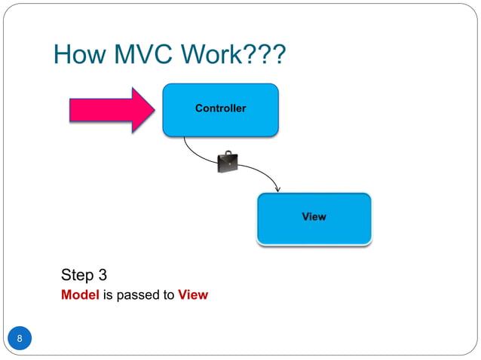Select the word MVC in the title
coord(143,54)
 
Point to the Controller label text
coord(220,108)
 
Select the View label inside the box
coord(314,217)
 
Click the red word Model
coord(80,295)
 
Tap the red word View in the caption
coord(193,295)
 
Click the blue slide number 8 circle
coord(20,338)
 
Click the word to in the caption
coord(169,295)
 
